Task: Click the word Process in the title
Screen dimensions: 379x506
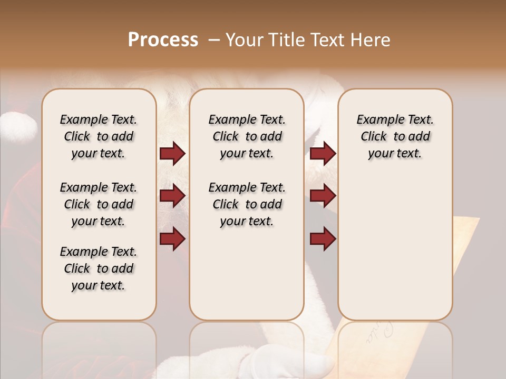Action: click(163, 40)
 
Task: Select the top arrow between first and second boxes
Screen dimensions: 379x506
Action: click(172, 153)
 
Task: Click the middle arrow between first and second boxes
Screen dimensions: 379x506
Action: click(172, 196)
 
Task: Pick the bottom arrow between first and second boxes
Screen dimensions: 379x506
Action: click(172, 238)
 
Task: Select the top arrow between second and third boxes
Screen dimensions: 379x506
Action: click(323, 153)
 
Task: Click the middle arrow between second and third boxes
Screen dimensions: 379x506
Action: click(323, 196)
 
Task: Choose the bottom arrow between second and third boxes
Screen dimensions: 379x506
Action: click(323, 238)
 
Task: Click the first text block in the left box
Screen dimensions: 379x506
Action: click(99, 136)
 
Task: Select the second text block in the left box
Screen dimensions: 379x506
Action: click(99, 204)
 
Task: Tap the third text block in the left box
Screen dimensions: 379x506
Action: click(99, 268)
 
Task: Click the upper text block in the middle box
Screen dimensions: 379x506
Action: click(247, 136)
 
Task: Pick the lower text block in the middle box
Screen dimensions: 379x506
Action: click(247, 204)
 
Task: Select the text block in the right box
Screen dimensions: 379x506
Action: click(395, 136)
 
